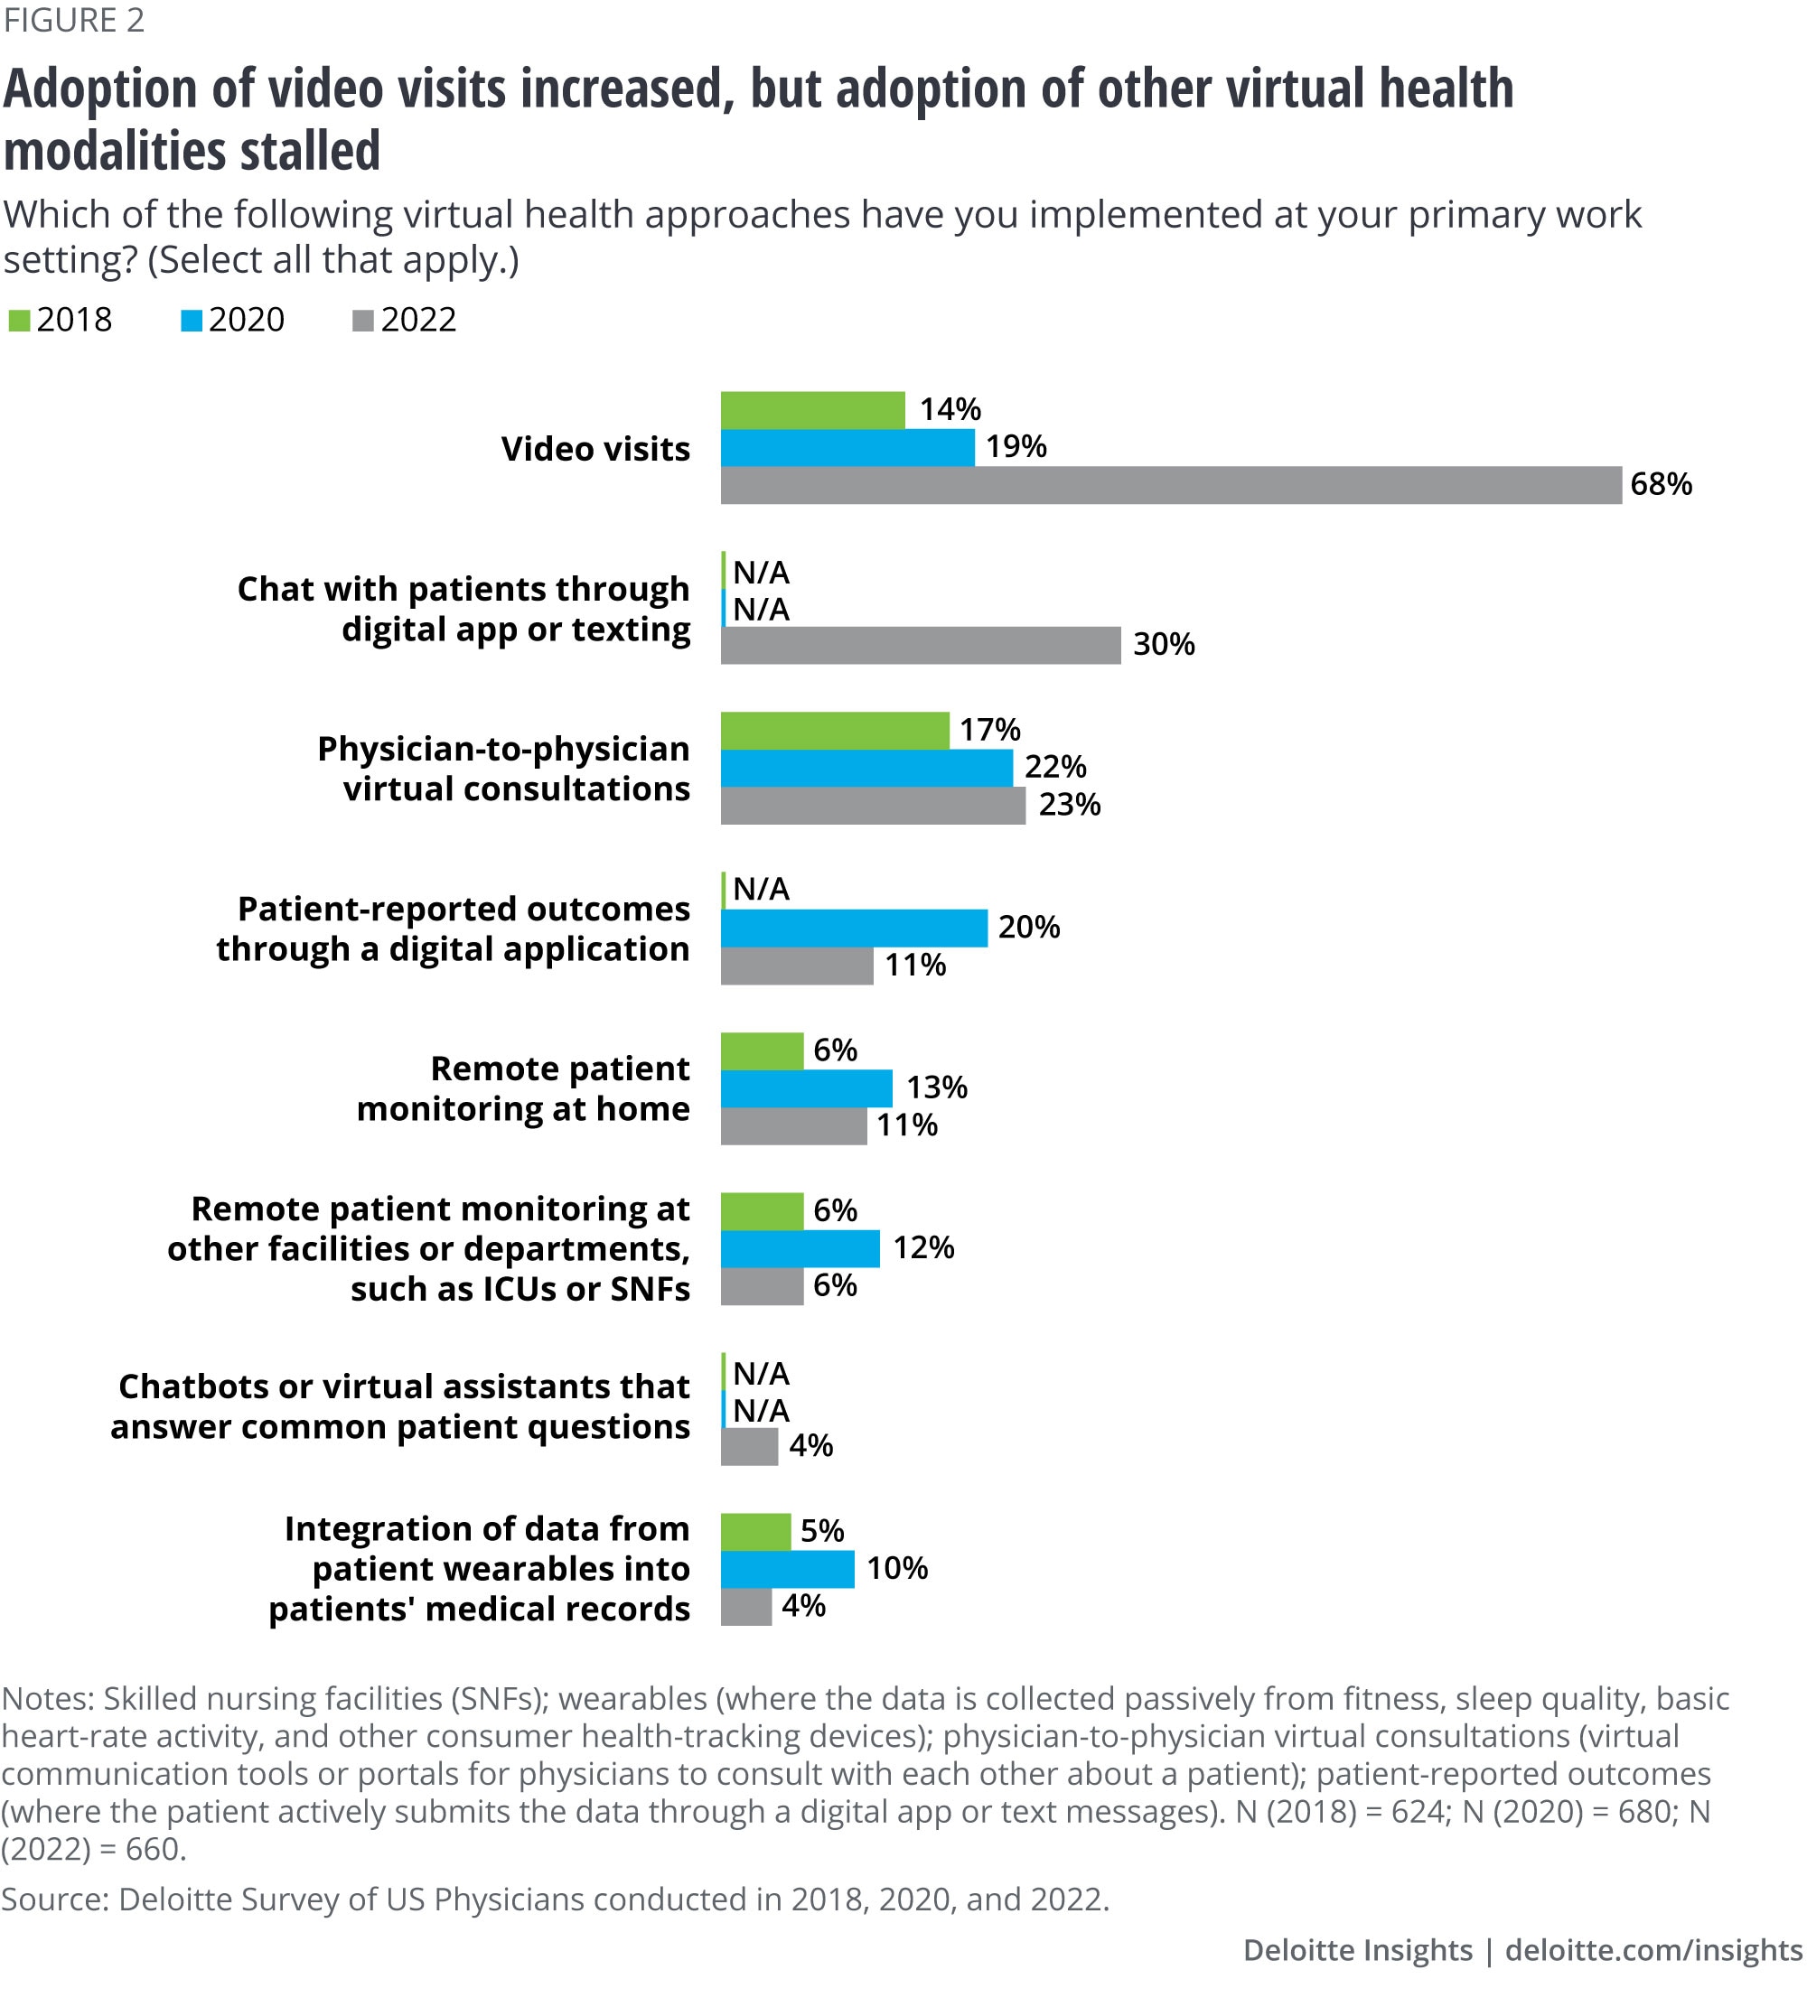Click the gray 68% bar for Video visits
(x=1171, y=485)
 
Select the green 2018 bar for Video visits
(x=812, y=410)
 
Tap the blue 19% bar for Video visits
(x=847, y=448)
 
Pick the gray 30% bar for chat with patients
(x=921, y=645)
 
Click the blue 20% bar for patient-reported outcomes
(x=854, y=928)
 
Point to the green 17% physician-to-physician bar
(x=834, y=731)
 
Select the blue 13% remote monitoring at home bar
(x=806, y=1088)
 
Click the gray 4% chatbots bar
(x=749, y=1446)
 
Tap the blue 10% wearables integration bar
(x=787, y=1569)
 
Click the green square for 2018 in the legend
(x=19, y=321)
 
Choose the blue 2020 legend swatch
(x=191, y=321)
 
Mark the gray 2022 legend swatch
(x=362, y=321)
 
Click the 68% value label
(x=1660, y=484)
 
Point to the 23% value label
(x=1070, y=805)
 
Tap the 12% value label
(x=923, y=1247)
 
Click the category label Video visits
(x=595, y=449)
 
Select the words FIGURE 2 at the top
(x=73, y=20)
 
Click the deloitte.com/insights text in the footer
(x=1653, y=1950)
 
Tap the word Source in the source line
(x=54, y=1899)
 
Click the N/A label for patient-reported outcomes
(x=761, y=890)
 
